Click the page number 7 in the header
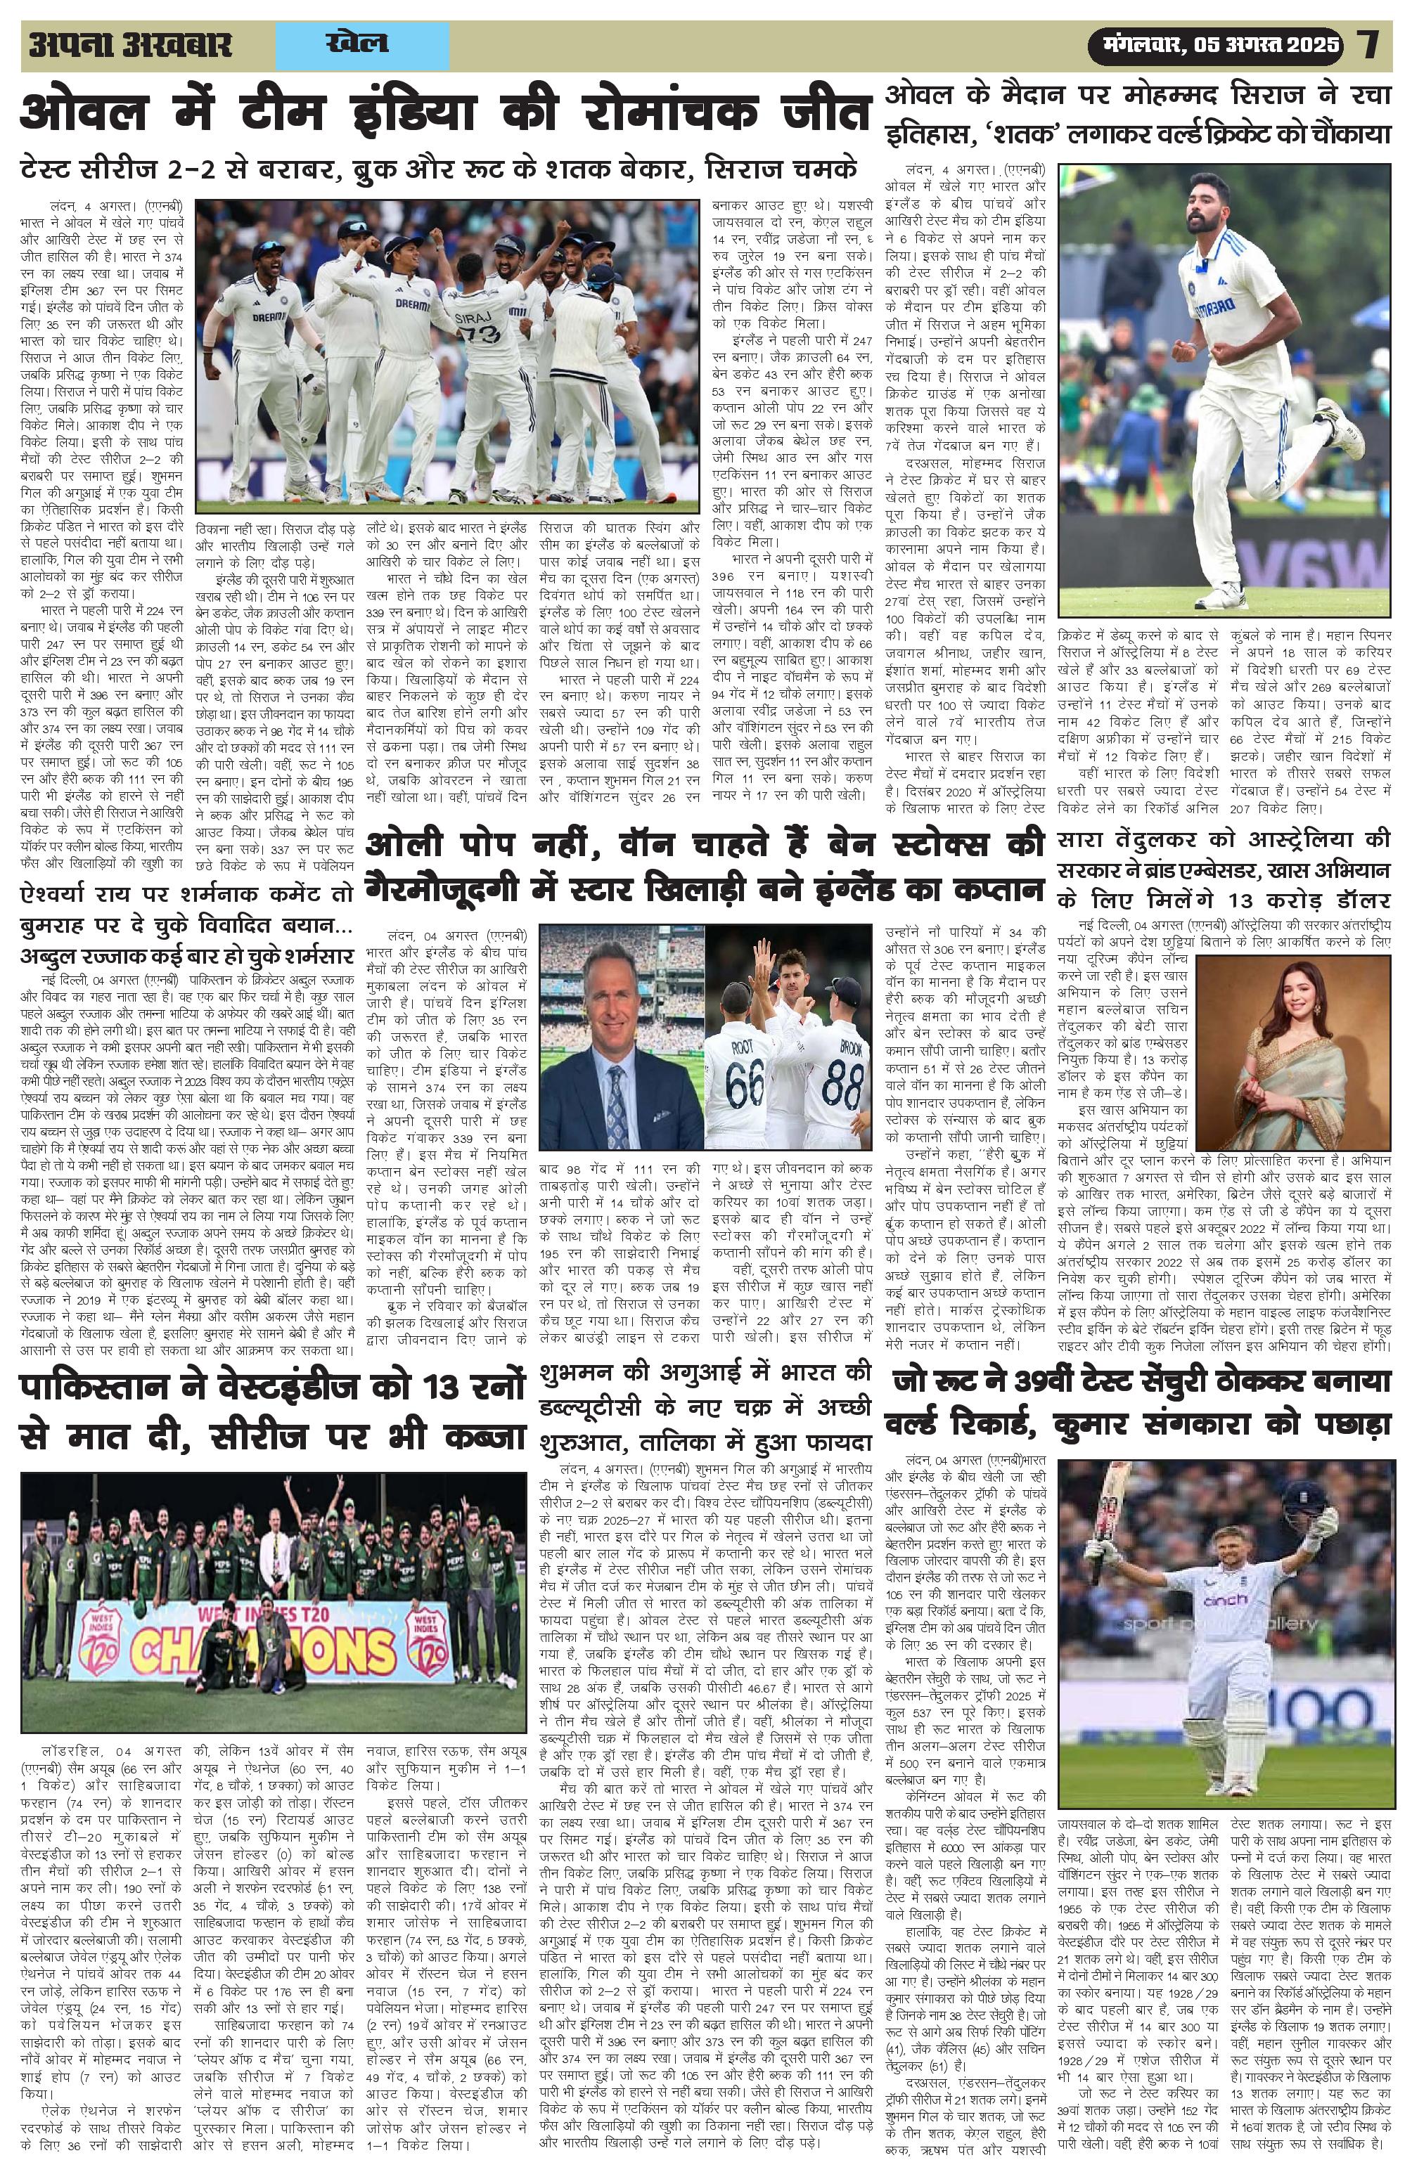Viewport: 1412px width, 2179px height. click(x=1369, y=45)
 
